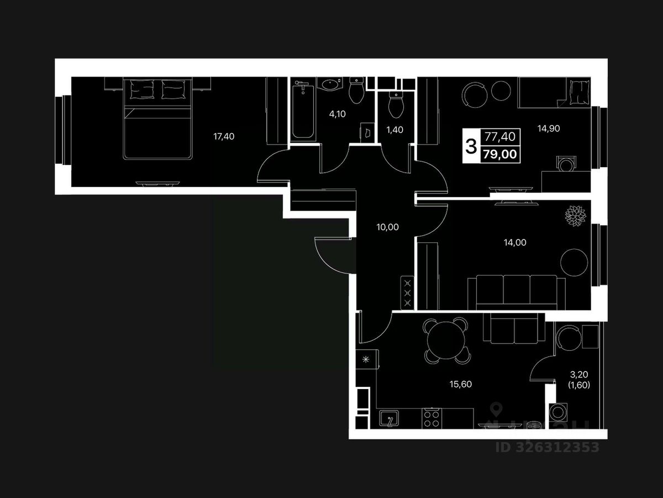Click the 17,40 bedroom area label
[x=224, y=136]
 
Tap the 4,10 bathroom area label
[x=337, y=115]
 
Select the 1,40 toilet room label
[x=394, y=131]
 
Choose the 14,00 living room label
[x=515, y=242]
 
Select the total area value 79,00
[x=501, y=154]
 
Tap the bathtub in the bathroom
[x=303, y=111]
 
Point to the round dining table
[x=445, y=338]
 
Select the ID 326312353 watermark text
[x=547, y=447]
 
